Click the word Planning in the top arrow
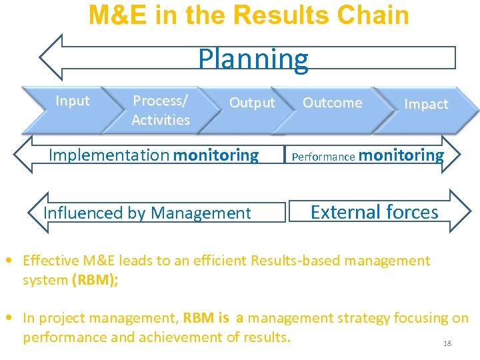point(253,59)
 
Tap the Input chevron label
point(72,101)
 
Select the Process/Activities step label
point(161,111)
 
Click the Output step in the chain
point(251,103)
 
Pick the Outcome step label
point(332,103)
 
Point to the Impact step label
point(426,104)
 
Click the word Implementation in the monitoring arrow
point(109,155)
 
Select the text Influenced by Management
point(147,213)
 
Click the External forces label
point(374,212)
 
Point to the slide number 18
point(447,343)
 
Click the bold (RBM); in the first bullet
point(95,280)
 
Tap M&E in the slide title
point(119,15)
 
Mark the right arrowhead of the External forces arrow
point(461,212)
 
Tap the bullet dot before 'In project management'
point(12,319)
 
